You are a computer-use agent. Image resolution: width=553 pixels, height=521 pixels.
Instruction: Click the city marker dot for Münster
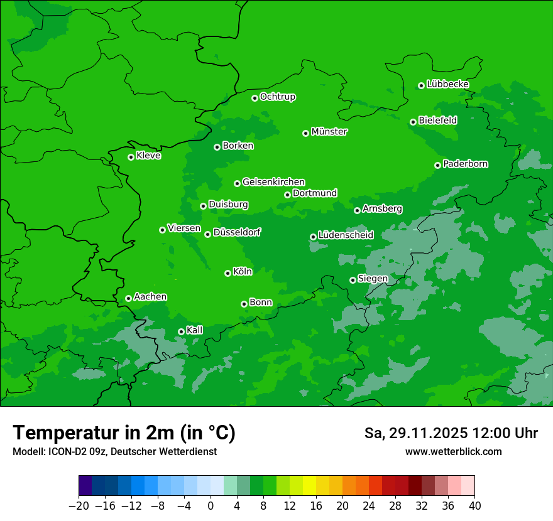(x=305, y=133)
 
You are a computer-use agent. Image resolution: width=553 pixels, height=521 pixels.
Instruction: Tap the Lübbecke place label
(x=447, y=84)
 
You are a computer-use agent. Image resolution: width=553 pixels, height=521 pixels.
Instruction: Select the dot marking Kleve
(x=131, y=157)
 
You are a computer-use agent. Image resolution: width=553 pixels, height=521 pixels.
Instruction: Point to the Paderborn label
(x=465, y=164)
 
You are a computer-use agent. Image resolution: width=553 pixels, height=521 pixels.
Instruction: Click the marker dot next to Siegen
(x=353, y=280)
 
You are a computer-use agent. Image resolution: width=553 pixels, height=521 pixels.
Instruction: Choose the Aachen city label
(x=150, y=297)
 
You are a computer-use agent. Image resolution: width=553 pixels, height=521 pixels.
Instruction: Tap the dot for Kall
(x=181, y=331)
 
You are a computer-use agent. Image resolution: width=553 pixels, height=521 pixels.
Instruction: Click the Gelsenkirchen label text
(x=273, y=182)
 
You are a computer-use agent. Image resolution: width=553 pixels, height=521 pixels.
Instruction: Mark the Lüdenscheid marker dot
(x=313, y=237)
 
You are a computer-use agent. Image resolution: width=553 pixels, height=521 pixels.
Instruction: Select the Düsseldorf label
(x=237, y=232)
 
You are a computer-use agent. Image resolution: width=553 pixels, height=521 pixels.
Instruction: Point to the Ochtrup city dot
(x=255, y=98)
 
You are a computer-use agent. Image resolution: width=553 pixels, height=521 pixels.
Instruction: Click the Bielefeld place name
(x=437, y=120)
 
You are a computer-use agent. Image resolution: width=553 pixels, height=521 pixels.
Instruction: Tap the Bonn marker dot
(x=244, y=304)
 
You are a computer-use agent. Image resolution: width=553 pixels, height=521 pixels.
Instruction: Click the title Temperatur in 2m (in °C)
(x=124, y=432)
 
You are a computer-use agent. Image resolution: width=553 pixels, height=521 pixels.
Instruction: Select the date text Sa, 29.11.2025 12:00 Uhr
(x=451, y=433)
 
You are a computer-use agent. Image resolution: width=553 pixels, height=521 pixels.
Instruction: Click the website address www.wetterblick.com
(x=453, y=451)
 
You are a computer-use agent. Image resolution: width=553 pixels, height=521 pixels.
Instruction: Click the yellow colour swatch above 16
(x=309, y=486)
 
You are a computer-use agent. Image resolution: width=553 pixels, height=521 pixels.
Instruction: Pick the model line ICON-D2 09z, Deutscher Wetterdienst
(x=114, y=451)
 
